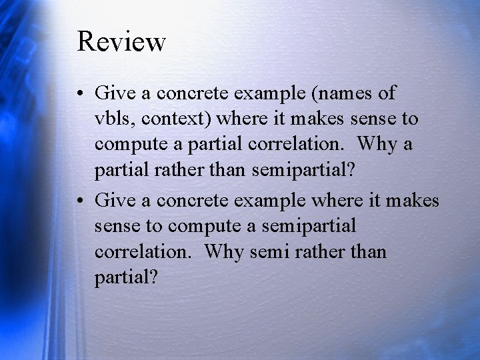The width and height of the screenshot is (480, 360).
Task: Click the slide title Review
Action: (x=121, y=41)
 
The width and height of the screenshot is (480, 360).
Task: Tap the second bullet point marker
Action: (x=81, y=199)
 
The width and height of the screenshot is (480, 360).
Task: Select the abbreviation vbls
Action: (x=113, y=119)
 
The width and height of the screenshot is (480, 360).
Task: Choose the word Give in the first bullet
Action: (x=113, y=92)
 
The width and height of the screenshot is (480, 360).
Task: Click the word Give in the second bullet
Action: (x=113, y=199)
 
